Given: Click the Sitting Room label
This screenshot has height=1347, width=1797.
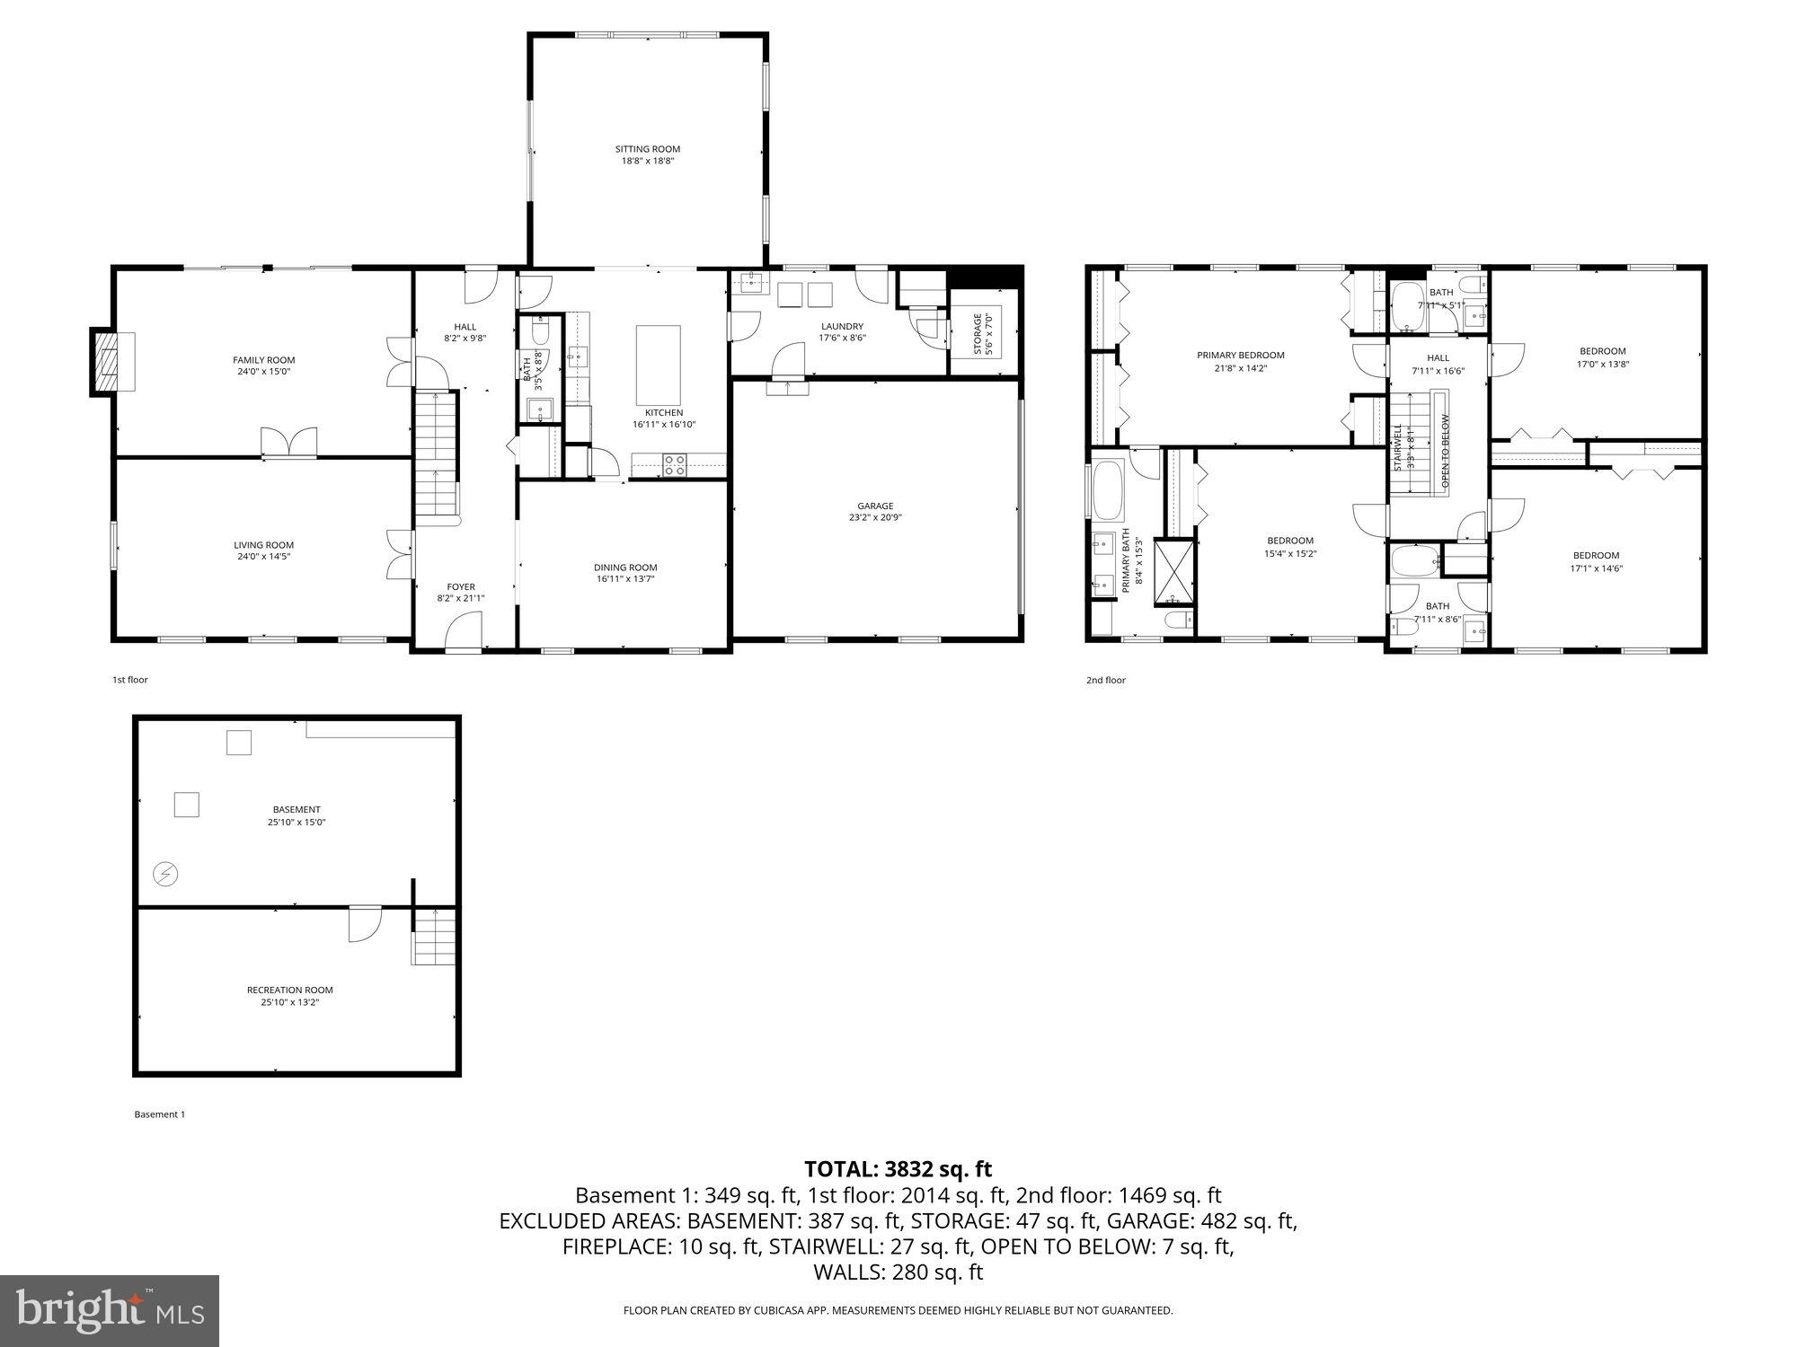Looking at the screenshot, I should (x=647, y=149).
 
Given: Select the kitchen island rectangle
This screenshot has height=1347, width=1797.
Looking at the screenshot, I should (x=658, y=365).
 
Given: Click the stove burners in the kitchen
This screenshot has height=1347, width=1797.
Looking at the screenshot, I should (x=675, y=465).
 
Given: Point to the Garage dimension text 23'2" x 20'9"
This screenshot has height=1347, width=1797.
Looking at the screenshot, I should (x=874, y=517).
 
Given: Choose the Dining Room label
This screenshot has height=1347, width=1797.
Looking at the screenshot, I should (x=625, y=567).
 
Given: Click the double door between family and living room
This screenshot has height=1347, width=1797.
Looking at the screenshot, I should (x=289, y=444).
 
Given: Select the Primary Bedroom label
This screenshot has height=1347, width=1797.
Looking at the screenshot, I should (x=1240, y=355).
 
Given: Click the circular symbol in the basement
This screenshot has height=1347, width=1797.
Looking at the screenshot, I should (x=165, y=873).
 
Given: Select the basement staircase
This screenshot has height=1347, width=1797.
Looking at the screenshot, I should (x=434, y=937).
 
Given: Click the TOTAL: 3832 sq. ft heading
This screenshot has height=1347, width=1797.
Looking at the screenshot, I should (x=898, y=1169).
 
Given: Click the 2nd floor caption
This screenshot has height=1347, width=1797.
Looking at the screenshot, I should (x=1105, y=680).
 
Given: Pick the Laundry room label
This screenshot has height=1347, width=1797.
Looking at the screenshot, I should (x=841, y=326).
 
